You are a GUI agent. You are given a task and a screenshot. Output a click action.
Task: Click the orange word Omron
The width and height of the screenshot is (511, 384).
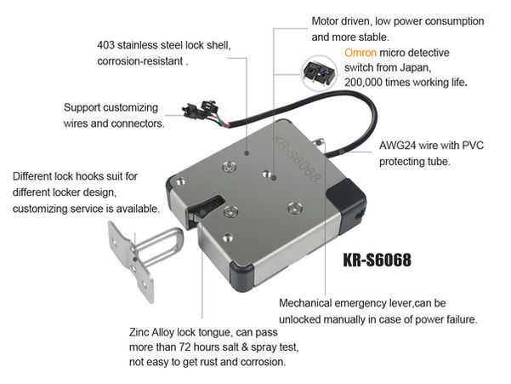point(361,53)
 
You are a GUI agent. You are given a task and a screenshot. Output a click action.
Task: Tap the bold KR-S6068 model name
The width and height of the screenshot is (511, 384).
point(377,260)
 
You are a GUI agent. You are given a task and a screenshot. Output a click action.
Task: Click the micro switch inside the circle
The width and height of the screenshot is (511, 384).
point(319,73)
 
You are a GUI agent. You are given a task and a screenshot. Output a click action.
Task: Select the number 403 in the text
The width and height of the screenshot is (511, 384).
point(105,45)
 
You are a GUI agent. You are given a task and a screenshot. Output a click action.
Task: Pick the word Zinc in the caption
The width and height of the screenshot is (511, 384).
point(139,332)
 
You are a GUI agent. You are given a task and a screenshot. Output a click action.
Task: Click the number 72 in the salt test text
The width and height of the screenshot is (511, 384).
point(185,347)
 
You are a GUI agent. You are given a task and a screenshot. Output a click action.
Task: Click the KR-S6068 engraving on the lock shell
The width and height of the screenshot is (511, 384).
point(297,159)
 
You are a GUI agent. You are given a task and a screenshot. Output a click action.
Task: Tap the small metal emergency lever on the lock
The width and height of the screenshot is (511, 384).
point(319,142)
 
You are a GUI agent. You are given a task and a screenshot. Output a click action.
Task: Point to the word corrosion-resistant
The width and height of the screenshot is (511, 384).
point(139,61)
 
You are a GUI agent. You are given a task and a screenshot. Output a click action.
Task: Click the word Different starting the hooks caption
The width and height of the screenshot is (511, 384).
point(31,176)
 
